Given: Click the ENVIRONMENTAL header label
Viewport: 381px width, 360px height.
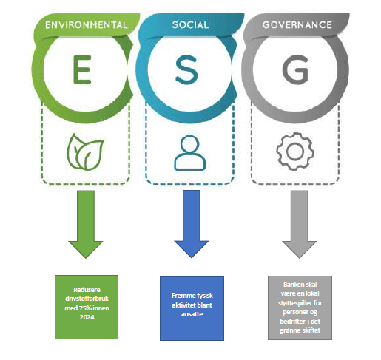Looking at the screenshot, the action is tap(87, 25).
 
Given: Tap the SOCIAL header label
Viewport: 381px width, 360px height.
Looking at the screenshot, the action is tap(190, 24).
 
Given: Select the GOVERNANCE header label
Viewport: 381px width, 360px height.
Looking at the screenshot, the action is tap(297, 24).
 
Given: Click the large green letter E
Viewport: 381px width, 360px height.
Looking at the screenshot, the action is tap(82, 70).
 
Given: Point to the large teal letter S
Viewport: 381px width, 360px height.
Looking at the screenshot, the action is tap(186, 70).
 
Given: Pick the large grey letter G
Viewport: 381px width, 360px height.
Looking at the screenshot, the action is tap(295, 70).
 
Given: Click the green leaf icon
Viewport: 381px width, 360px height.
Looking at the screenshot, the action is tap(85, 152).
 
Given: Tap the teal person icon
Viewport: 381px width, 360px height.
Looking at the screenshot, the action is tap(190, 153).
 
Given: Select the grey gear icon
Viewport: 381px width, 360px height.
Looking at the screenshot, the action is tap(295, 151).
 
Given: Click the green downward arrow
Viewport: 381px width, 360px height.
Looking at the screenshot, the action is tap(86, 224).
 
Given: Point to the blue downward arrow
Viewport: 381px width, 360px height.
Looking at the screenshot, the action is tap(192, 224).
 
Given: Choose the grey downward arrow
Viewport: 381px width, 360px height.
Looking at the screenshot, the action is tap(299, 224).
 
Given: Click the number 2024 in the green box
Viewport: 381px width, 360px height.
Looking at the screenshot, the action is tap(87, 317).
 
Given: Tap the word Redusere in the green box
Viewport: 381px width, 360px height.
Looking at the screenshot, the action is tap(87, 290).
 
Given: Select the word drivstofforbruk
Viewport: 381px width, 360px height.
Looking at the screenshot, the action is tap(87, 299).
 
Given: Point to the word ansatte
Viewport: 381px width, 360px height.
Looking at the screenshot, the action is tap(192, 314).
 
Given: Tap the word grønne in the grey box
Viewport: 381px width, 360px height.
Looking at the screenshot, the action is tap(290, 330).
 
